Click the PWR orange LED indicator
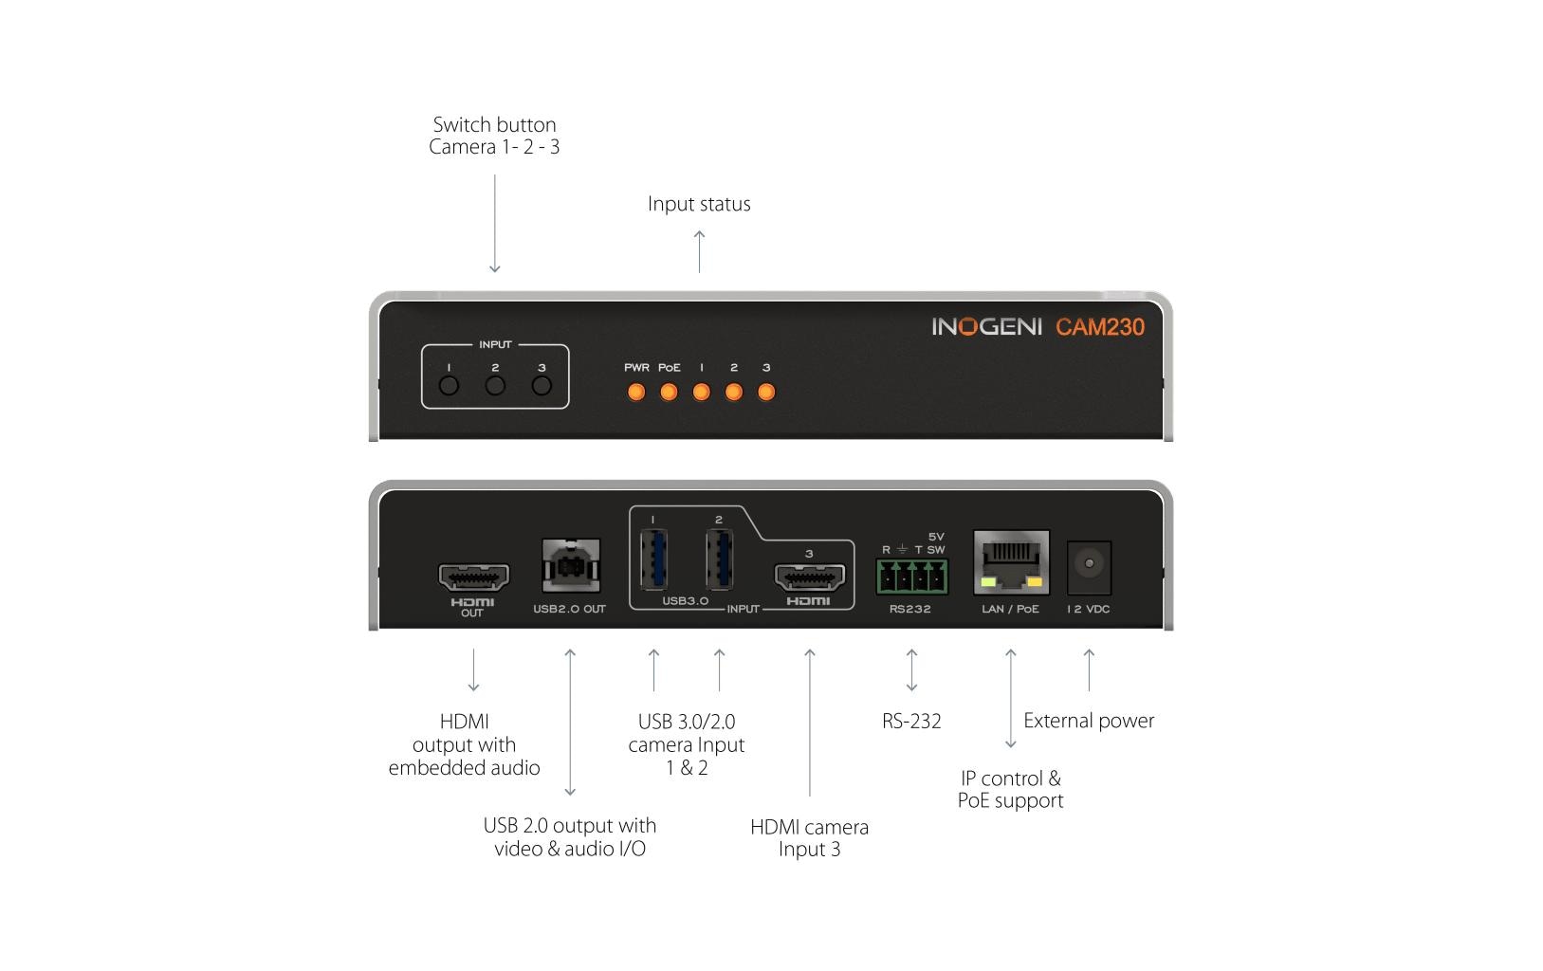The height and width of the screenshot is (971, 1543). click(x=636, y=392)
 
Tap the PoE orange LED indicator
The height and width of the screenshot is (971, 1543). click(x=669, y=392)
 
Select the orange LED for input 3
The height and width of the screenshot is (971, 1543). click(x=766, y=392)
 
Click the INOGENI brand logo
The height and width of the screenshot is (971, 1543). click(x=986, y=327)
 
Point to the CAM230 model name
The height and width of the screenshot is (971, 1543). click(x=1100, y=327)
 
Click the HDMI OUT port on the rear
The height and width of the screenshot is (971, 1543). click(x=473, y=575)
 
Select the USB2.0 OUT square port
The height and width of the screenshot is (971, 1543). click(x=569, y=567)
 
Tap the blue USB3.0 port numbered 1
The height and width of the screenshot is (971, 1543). click(x=653, y=560)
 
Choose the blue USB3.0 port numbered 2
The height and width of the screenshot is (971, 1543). click(x=719, y=560)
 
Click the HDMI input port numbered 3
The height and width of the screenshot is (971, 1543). click(x=809, y=576)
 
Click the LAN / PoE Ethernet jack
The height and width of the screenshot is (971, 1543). click(x=1011, y=562)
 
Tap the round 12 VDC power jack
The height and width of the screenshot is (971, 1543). click(x=1089, y=564)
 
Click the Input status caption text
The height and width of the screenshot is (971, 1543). click(x=699, y=204)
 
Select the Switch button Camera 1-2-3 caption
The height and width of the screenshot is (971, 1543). click(x=494, y=136)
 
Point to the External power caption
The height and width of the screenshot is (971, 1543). click(x=1089, y=721)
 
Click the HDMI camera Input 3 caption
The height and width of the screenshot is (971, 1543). click(x=809, y=837)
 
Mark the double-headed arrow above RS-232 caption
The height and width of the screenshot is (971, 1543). click(x=911, y=669)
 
